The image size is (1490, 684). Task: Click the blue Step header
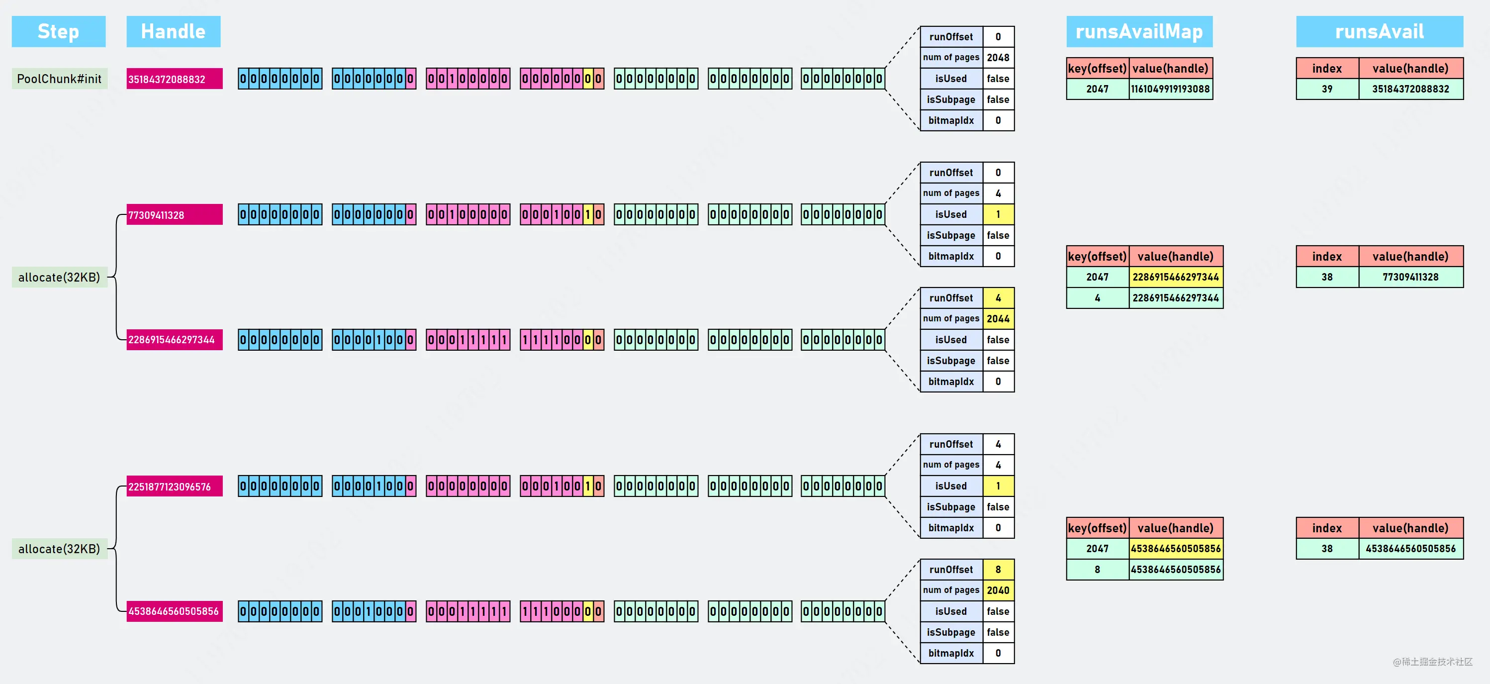click(x=58, y=31)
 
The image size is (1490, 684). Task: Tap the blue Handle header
click(x=174, y=31)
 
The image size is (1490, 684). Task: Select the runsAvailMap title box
click(x=1139, y=31)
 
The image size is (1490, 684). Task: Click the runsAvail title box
click(x=1380, y=31)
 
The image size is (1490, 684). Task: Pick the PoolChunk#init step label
click(x=59, y=79)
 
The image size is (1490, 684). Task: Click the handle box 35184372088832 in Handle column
click(x=175, y=79)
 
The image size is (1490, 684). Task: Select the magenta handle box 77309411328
click(x=175, y=215)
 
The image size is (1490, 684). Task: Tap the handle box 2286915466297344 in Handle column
click(x=175, y=340)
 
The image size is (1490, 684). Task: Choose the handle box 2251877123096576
click(x=175, y=486)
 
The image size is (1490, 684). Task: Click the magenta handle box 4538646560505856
click(x=175, y=611)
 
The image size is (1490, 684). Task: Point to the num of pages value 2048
click(x=998, y=57)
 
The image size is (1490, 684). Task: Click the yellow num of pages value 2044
click(x=998, y=319)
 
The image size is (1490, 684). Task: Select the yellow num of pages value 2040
click(x=998, y=590)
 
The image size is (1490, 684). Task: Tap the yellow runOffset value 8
click(x=998, y=570)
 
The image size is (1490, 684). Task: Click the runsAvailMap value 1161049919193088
click(x=1171, y=89)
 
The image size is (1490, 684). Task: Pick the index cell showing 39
click(x=1327, y=89)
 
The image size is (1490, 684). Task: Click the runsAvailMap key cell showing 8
click(x=1098, y=570)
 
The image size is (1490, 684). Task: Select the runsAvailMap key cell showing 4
click(x=1098, y=298)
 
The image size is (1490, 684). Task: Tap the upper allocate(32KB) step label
click(x=59, y=277)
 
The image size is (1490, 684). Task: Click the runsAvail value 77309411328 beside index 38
click(x=1411, y=277)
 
